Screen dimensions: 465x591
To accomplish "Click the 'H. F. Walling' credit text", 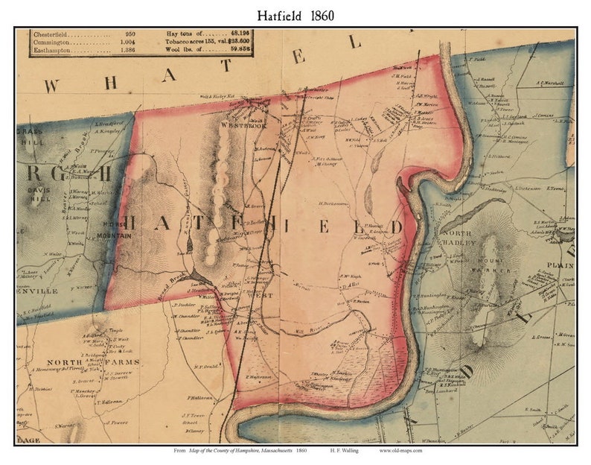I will click(x=347, y=451).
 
